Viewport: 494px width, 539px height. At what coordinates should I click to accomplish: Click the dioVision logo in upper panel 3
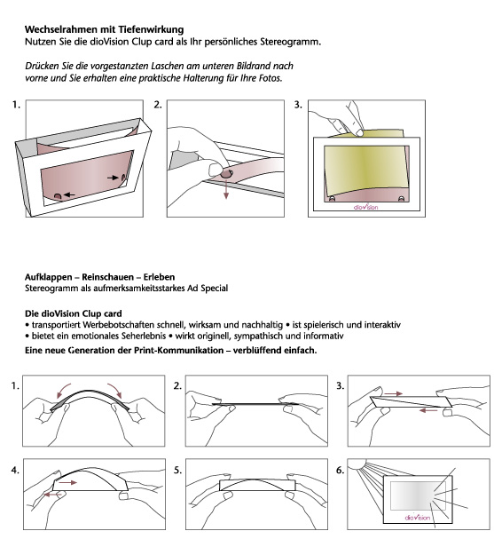click(366, 207)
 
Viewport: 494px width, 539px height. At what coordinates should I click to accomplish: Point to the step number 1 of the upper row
click(16, 105)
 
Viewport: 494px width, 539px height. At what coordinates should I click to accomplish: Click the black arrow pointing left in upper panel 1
click(69, 194)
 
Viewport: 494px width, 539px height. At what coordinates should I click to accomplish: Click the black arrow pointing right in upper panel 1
click(113, 178)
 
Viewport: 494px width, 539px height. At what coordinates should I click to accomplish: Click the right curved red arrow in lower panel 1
click(115, 390)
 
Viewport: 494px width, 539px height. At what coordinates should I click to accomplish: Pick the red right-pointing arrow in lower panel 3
click(394, 393)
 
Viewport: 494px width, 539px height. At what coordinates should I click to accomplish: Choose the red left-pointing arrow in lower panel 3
click(428, 410)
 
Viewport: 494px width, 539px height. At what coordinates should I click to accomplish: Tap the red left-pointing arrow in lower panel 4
click(53, 495)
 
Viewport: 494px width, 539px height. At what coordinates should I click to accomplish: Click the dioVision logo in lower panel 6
click(417, 517)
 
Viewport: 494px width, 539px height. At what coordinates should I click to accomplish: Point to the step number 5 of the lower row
click(177, 470)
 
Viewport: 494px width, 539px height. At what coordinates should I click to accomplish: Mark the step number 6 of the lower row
click(340, 470)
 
